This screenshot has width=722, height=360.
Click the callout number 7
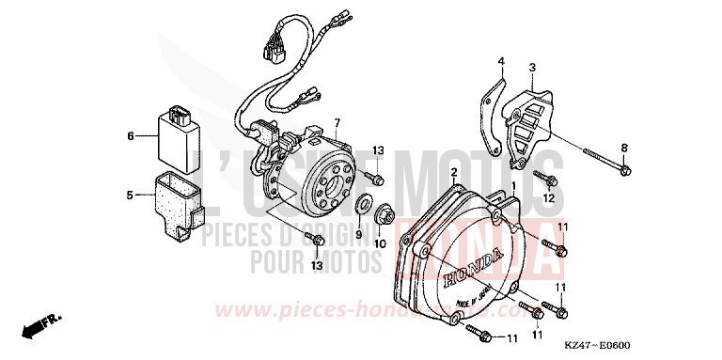336,123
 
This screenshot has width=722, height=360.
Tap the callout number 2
453,172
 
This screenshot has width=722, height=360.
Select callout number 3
532,68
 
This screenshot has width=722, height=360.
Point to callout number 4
501,61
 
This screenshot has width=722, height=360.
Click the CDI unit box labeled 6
177,137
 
